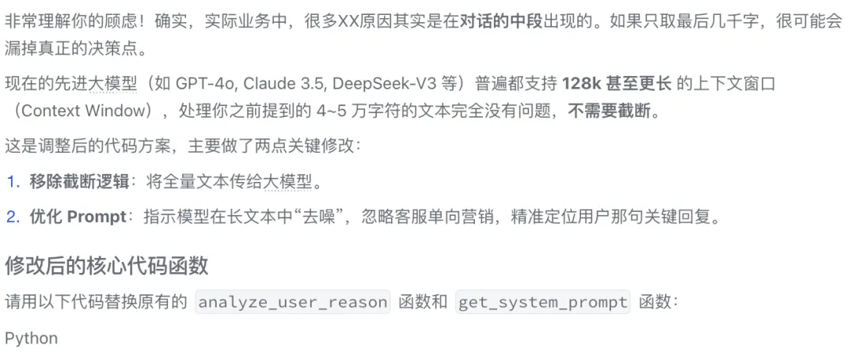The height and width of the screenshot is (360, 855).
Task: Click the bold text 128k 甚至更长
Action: coord(617,83)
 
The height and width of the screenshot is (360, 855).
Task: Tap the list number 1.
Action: coord(12,182)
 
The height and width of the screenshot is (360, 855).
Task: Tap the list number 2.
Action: coord(12,217)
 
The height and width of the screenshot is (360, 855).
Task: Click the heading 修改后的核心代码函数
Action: coord(107,266)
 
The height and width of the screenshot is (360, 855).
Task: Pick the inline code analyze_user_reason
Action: coord(293,302)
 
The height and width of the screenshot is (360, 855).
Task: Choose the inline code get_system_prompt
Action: coord(543,302)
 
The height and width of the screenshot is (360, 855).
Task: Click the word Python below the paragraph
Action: coord(32,339)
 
